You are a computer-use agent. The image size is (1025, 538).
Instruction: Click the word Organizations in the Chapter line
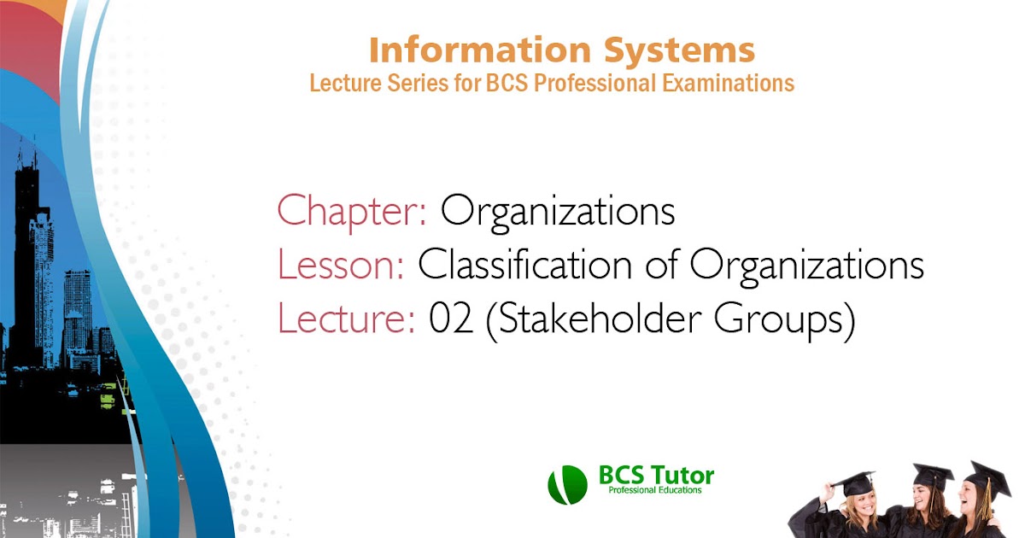pos(558,212)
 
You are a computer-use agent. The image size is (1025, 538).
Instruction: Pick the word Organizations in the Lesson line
pos(807,266)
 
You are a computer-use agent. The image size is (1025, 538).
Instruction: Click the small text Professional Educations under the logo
pos(654,491)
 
